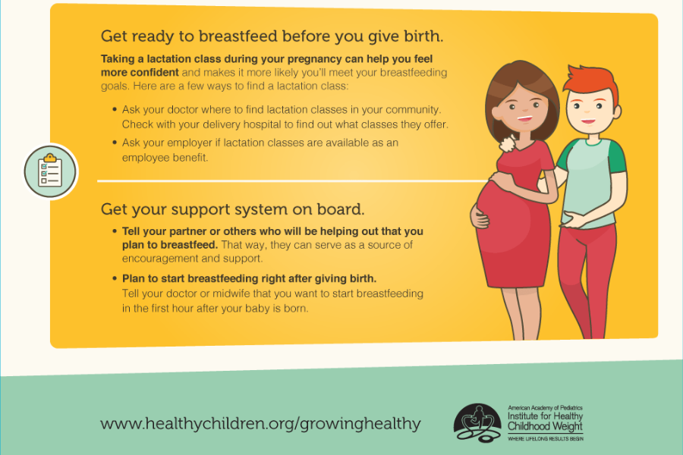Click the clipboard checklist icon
(x=50, y=171)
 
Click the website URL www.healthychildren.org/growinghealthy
(x=260, y=424)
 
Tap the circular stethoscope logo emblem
(x=477, y=422)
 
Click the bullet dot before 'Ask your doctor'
(x=114, y=109)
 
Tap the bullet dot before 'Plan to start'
(x=114, y=278)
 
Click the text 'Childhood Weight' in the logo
(x=545, y=426)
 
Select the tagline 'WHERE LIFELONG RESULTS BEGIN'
(x=545, y=438)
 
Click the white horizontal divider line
(x=293, y=180)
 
